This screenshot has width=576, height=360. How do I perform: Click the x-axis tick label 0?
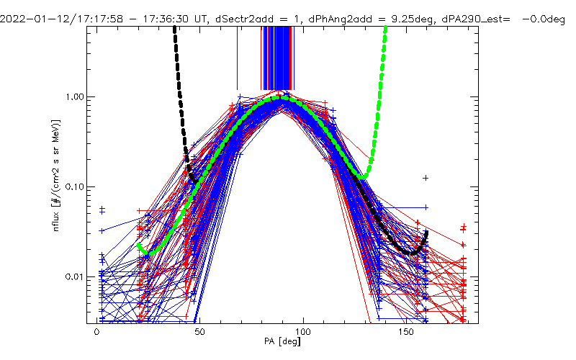97,333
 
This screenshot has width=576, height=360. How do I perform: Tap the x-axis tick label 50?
200,333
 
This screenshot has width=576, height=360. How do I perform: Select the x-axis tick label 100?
304,333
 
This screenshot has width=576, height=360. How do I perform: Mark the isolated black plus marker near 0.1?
426,177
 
